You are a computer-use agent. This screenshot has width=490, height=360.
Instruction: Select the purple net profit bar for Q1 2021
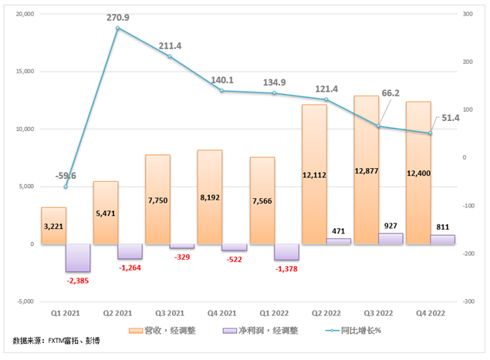click(78, 257)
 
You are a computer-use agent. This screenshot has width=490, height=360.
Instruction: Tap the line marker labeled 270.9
click(117, 28)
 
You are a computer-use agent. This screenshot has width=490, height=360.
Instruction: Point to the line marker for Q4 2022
click(430, 133)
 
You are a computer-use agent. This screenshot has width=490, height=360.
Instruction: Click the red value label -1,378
click(286, 268)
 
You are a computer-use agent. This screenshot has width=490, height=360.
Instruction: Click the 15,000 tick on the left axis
click(24, 72)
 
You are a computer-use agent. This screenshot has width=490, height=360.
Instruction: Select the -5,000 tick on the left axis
click(24, 301)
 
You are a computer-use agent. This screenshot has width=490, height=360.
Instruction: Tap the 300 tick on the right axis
click(468, 14)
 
